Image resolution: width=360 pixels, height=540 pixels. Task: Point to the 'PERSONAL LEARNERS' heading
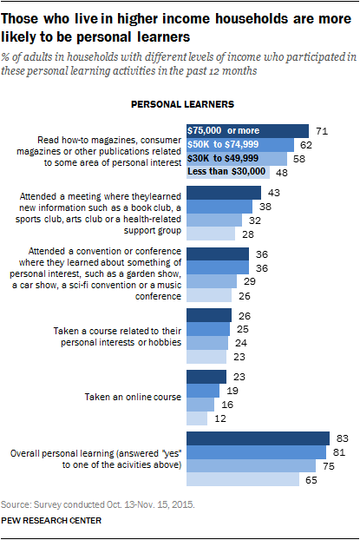(x=181, y=104)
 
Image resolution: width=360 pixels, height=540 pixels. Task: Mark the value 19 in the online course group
(x=233, y=391)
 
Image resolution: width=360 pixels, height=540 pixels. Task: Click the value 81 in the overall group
(x=339, y=452)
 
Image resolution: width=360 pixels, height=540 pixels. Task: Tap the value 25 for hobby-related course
(x=244, y=329)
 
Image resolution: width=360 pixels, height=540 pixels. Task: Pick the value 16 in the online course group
(x=228, y=405)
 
